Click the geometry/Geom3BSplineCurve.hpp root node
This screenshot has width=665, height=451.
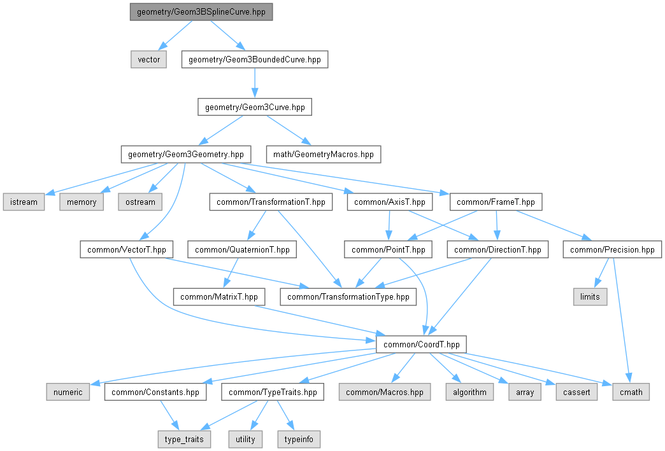[201, 12]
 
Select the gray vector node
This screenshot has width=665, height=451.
[148, 60]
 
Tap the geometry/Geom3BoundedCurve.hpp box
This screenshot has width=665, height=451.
[255, 60]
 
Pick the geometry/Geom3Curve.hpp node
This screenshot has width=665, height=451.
[255, 108]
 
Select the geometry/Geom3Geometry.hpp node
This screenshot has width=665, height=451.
[186, 154]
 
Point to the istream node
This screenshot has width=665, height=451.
[24, 202]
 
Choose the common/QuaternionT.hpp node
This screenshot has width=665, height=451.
[241, 249]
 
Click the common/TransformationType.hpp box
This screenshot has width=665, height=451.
[348, 296]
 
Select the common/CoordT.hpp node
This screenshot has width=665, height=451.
[421, 344]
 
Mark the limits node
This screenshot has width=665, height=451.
[590, 296]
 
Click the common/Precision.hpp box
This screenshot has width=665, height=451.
[612, 249]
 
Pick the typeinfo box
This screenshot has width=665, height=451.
[299, 439]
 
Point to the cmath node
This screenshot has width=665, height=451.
[631, 392]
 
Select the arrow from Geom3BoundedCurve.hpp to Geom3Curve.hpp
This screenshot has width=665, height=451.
[255, 83]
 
